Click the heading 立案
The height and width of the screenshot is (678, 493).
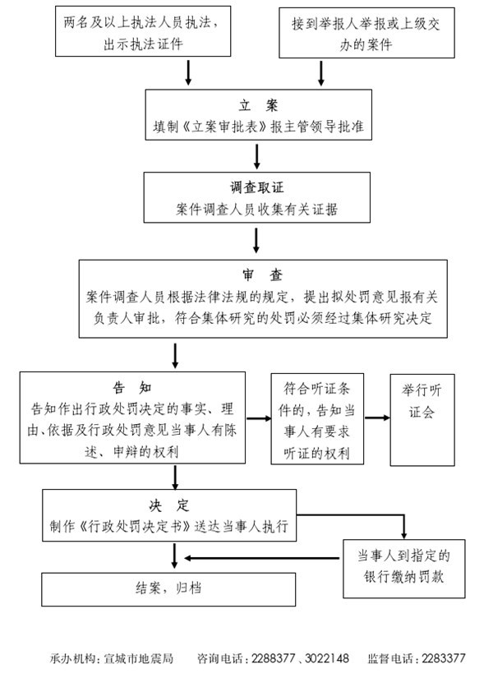(258, 105)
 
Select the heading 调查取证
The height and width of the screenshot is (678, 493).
(257, 187)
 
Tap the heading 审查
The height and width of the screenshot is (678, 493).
(262, 275)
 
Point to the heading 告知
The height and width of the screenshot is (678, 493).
(132, 387)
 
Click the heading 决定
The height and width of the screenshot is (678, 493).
(169, 505)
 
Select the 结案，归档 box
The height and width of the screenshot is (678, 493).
(168, 589)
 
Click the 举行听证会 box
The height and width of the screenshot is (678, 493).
(422, 420)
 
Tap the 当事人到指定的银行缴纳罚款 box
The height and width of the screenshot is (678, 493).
(404, 569)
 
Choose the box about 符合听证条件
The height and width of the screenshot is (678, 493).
(317, 419)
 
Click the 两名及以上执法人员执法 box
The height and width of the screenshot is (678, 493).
(143, 31)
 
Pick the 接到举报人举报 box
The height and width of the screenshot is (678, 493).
(366, 33)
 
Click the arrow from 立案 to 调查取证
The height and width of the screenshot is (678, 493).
(257, 156)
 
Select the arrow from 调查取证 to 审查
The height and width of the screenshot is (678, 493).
(256, 241)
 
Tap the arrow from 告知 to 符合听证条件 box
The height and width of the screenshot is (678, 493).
(259, 418)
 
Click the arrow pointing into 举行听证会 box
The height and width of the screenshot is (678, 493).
(377, 417)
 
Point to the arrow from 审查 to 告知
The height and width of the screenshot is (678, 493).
(175, 356)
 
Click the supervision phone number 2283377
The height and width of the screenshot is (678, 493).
(444, 658)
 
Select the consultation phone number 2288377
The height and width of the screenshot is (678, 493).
(274, 658)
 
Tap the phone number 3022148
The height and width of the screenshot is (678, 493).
(327, 658)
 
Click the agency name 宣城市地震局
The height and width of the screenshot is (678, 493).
(138, 658)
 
